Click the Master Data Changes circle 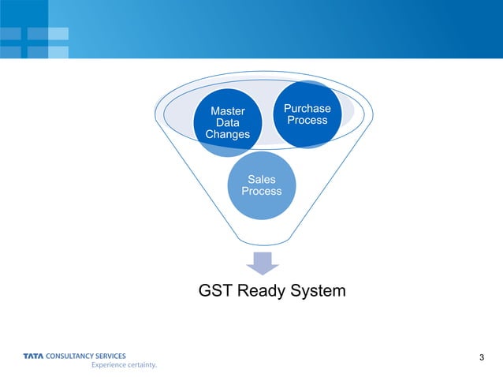(228, 124)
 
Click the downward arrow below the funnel (262, 263)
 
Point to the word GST (217, 292)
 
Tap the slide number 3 (482, 360)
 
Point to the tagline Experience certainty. (125, 366)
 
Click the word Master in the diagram (228, 112)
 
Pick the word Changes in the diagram (228, 135)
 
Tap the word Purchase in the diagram (307, 108)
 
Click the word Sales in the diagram (262, 180)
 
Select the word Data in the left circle (228, 123)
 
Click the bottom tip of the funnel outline (262, 244)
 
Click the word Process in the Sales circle (262, 192)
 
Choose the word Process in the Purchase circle (307, 120)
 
